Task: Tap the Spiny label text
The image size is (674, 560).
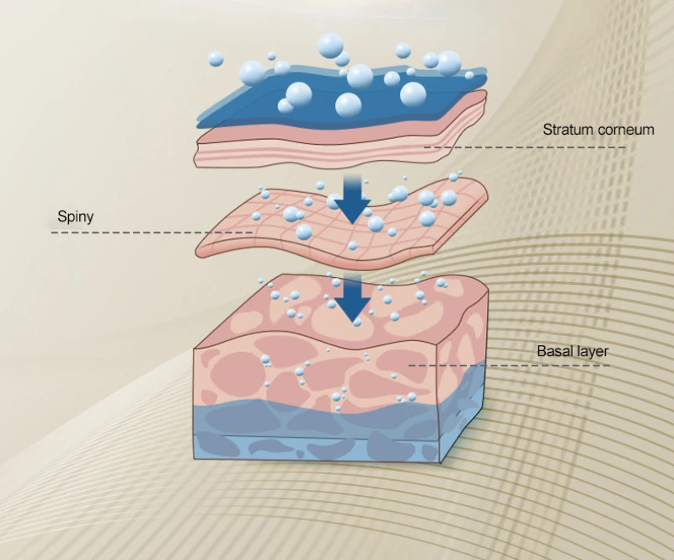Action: click(75, 216)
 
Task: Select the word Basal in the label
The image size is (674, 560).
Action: click(554, 351)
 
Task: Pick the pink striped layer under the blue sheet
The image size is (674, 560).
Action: click(337, 143)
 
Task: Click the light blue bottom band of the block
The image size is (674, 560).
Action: click(320, 447)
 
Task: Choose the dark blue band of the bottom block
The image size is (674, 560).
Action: click(320, 419)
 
